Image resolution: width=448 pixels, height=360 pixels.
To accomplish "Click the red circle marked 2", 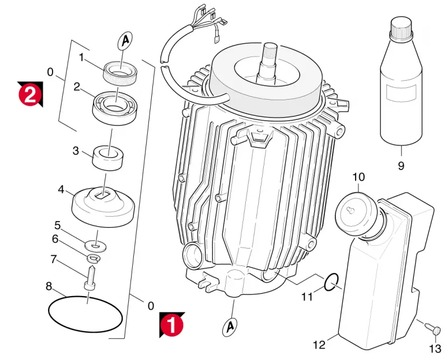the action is click(x=29, y=95).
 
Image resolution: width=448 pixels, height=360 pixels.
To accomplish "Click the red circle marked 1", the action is click(x=171, y=325).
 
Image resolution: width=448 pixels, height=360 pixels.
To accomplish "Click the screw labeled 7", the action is click(x=91, y=278).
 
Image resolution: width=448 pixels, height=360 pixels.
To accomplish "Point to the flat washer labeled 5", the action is click(x=95, y=246).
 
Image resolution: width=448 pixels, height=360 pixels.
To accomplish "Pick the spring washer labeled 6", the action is click(x=92, y=259).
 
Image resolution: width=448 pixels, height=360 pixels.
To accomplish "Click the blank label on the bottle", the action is click(x=400, y=93).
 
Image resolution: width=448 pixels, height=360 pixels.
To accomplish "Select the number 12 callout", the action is click(x=319, y=345).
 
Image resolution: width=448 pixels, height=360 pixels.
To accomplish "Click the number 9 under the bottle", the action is click(x=401, y=166).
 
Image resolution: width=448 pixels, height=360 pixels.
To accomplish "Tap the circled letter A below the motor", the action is click(x=230, y=326).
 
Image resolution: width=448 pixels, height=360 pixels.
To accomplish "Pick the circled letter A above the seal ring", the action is click(x=125, y=41).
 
